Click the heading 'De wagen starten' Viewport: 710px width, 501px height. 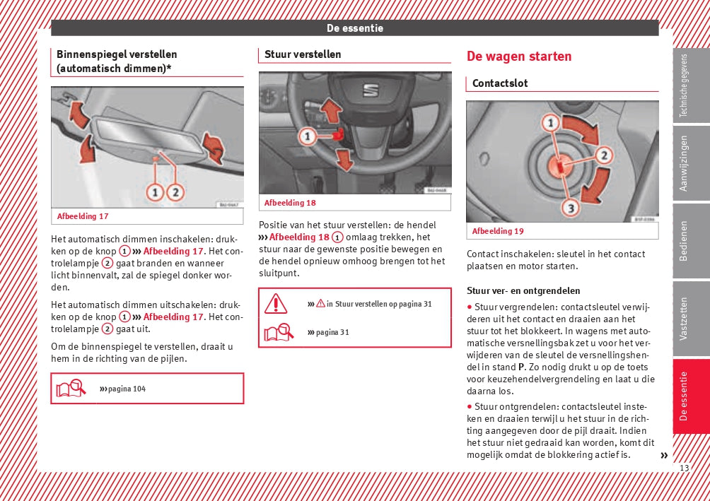[518, 57]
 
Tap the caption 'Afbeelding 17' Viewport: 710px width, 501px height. [83, 216]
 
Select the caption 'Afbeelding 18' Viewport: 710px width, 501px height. [290, 203]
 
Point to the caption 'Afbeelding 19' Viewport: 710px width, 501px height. [498, 231]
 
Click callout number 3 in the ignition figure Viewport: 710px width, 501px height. [570, 207]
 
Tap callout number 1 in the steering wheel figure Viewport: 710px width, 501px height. [306, 135]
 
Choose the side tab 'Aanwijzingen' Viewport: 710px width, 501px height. [684, 163]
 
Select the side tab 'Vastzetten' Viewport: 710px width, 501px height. [684, 319]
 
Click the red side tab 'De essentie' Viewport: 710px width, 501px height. [684, 396]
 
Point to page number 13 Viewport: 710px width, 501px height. [683, 468]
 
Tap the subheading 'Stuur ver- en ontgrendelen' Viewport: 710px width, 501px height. [523, 290]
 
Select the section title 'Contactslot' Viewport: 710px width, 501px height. [500, 83]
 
